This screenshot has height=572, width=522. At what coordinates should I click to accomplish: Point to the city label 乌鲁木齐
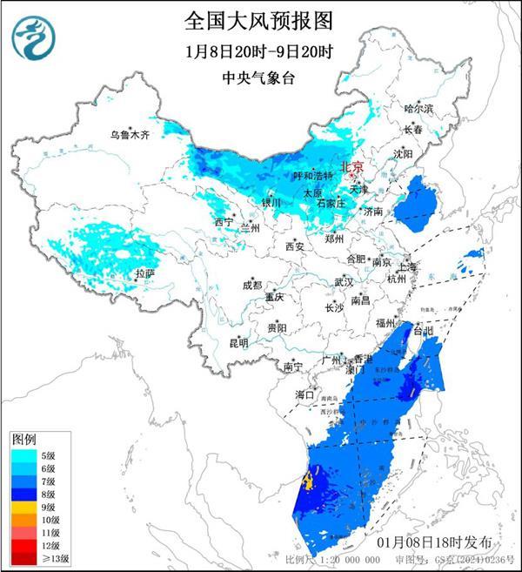(130, 135)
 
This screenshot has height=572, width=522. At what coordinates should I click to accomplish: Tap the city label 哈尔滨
(418, 108)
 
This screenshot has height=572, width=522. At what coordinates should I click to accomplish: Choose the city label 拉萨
(144, 273)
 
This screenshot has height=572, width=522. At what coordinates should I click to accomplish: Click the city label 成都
(252, 285)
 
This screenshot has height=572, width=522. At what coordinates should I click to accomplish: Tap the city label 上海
(407, 266)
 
